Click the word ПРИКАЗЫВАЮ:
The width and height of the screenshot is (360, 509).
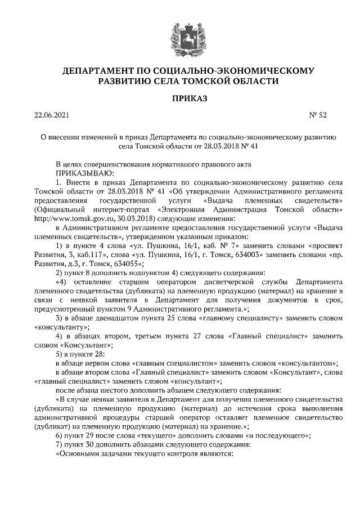point(85,173)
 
